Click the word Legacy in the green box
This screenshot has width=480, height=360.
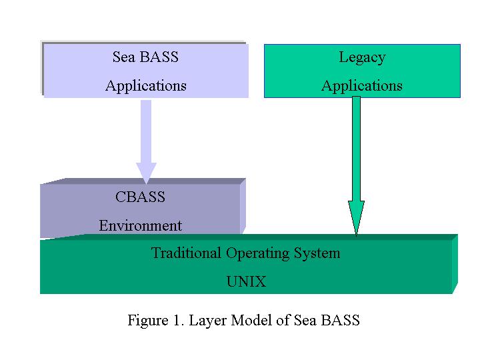362,58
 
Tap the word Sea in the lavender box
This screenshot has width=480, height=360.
123,57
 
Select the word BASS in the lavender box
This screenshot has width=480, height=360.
159,57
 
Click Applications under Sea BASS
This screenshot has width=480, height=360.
146,86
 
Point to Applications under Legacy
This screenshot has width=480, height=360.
362,86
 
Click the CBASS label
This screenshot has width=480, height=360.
140,197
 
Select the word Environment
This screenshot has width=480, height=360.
141,225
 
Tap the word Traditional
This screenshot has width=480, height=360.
186,253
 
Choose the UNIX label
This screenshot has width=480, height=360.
246,281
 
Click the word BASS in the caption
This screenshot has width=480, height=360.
340,320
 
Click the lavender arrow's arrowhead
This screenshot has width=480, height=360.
146,173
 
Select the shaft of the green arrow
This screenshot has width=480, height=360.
356,149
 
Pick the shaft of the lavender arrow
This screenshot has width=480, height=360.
146,131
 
